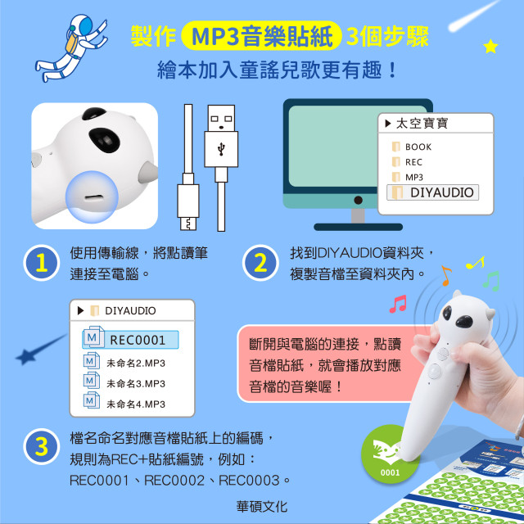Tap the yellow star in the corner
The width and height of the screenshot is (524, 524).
click(490, 47)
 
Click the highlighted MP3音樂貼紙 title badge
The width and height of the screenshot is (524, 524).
click(260, 36)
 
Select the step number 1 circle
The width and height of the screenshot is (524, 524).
click(39, 264)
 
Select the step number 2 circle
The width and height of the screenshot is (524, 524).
click(260, 264)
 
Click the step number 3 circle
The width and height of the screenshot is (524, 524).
click(39, 447)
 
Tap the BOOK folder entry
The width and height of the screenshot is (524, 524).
click(418, 147)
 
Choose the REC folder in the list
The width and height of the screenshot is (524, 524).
click(413, 162)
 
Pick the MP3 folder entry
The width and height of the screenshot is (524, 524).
click(413, 177)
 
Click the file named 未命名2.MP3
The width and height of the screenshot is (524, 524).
click(136, 363)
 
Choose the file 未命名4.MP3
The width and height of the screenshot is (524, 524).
click(136, 404)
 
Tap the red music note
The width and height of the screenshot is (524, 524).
click(398, 305)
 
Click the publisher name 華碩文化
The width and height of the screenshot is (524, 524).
click(261, 507)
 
